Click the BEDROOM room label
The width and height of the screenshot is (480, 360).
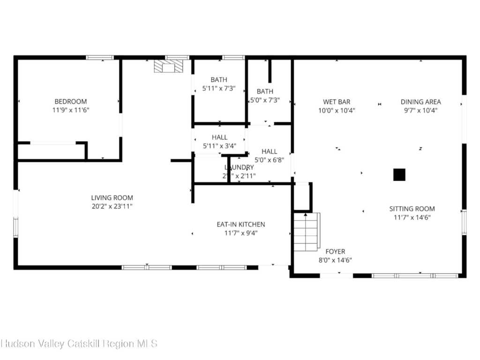(71, 101)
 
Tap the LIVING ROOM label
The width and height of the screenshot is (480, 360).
(112, 198)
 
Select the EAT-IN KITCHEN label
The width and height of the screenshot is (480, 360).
(240, 225)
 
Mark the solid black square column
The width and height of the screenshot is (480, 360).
(399, 175)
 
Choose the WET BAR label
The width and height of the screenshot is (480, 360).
(336, 102)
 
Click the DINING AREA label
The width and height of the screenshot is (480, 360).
(420, 102)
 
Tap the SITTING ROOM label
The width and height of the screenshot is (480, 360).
(412, 209)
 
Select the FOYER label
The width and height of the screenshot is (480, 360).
(335, 252)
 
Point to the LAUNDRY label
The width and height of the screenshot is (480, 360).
(239, 167)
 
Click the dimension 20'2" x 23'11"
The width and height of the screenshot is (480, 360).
(112, 206)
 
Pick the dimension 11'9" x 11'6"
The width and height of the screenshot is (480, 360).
(71, 110)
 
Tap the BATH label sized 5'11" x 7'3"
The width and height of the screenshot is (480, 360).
(218, 80)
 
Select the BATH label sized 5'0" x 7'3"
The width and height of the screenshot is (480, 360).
(265, 91)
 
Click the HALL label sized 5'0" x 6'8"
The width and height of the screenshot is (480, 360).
(269, 151)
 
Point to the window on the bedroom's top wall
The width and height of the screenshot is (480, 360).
(99, 58)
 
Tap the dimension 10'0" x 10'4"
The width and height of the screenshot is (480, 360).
(336, 111)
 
